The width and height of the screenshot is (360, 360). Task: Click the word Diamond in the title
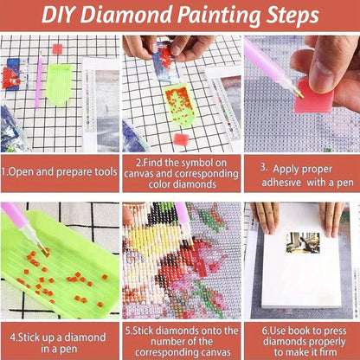click(x=127, y=15)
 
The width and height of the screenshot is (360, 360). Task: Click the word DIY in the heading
click(x=60, y=15)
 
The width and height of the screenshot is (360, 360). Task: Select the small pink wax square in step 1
click(x=57, y=48)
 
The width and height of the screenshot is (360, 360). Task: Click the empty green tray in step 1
click(x=59, y=84)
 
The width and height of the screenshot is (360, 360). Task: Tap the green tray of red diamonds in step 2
click(x=179, y=106)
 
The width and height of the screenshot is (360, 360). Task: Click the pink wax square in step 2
click(x=181, y=139)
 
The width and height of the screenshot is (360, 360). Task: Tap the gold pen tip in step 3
click(x=299, y=94)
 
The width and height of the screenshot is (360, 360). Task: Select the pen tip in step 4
click(x=43, y=249)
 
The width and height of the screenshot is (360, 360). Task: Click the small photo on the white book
click(x=303, y=243)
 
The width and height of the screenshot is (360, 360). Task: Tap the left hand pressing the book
click(x=266, y=217)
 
